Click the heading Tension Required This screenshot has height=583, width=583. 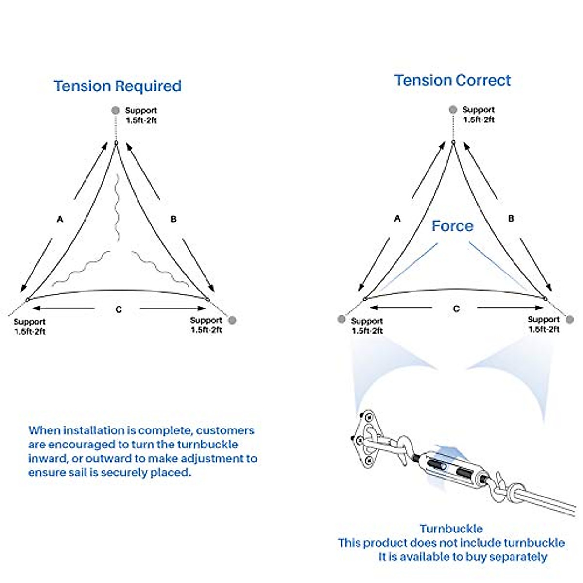[x=118, y=86]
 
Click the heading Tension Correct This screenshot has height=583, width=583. [x=452, y=80]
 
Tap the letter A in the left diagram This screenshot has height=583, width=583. [x=60, y=219]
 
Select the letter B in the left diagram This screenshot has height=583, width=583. [x=174, y=219]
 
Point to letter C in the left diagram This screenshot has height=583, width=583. [x=119, y=309]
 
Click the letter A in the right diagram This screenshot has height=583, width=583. [x=397, y=219]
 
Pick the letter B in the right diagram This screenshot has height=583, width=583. [x=511, y=219]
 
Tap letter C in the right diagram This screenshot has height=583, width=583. [x=456, y=309]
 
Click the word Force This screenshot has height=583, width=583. [x=452, y=226]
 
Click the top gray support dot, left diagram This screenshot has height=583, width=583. [x=115, y=110]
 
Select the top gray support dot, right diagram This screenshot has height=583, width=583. [x=453, y=110]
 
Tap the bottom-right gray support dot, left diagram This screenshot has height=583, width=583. [x=232, y=320]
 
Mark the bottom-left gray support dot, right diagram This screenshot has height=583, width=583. [x=342, y=319]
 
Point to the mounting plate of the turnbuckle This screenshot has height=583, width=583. [x=365, y=437]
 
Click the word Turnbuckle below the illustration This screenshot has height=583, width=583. [x=451, y=529]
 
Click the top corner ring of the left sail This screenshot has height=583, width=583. [x=116, y=142]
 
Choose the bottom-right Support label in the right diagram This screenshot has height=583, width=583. [x=544, y=320]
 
